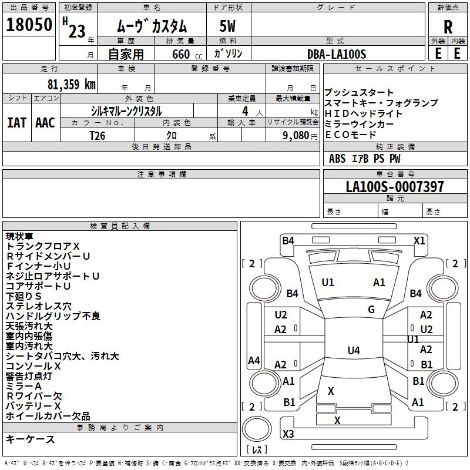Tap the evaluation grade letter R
click(448, 26)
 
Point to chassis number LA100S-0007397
click(395, 187)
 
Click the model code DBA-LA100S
click(337, 54)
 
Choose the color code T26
click(98, 136)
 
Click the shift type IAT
click(17, 122)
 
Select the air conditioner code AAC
click(45, 122)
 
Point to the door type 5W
click(227, 26)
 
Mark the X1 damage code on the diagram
click(419, 240)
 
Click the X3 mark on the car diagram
click(288, 434)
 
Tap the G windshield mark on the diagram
click(371, 310)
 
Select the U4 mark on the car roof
click(353, 351)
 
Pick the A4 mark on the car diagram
click(254, 361)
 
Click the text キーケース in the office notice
click(31, 439)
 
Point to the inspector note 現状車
click(21, 236)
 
